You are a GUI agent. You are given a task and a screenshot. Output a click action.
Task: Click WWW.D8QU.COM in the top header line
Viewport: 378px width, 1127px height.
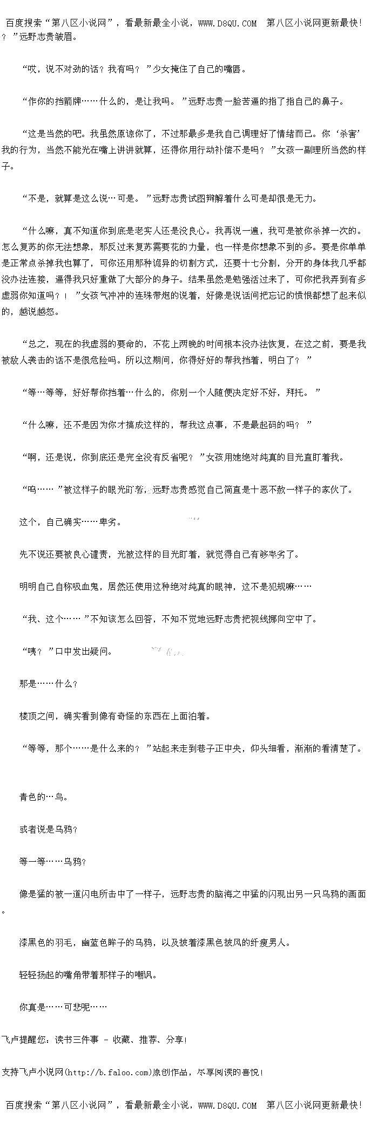coord(227,23)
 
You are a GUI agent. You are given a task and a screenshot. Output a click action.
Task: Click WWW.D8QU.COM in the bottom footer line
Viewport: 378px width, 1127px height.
coord(227,1105)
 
